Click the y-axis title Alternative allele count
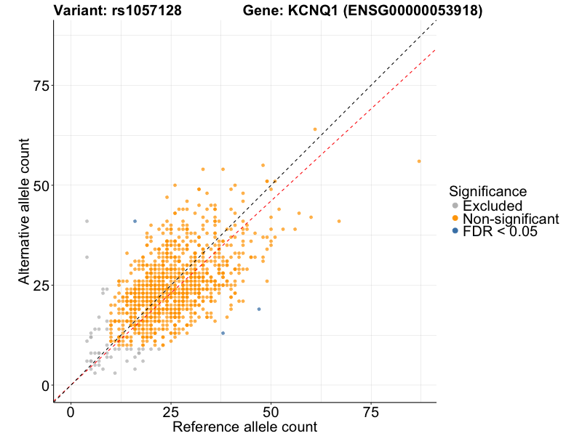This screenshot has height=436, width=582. (x=25, y=211)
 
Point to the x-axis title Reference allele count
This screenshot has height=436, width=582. (x=244, y=427)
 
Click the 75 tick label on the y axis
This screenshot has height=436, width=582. (x=44, y=86)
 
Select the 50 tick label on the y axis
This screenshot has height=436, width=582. (x=44, y=186)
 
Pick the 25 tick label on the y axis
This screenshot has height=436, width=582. (x=44, y=286)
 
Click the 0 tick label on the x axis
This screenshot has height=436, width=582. (x=71, y=412)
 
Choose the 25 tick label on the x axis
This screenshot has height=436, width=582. (x=171, y=412)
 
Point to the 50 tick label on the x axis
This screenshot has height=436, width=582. (x=271, y=412)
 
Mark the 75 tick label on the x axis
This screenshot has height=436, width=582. (x=371, y=412)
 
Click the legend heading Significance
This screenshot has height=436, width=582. (x=487, y=192)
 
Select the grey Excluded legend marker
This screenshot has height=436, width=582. (x=455, y=206)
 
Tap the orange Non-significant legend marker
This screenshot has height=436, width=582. (x=455, y=219)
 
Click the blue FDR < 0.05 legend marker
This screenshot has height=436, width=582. (x=455, y=231)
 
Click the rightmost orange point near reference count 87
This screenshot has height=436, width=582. (x=419, y=161)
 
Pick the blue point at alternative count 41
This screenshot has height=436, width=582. (x=135, y=222)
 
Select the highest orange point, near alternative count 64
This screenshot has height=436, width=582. (x=315, y=129)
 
